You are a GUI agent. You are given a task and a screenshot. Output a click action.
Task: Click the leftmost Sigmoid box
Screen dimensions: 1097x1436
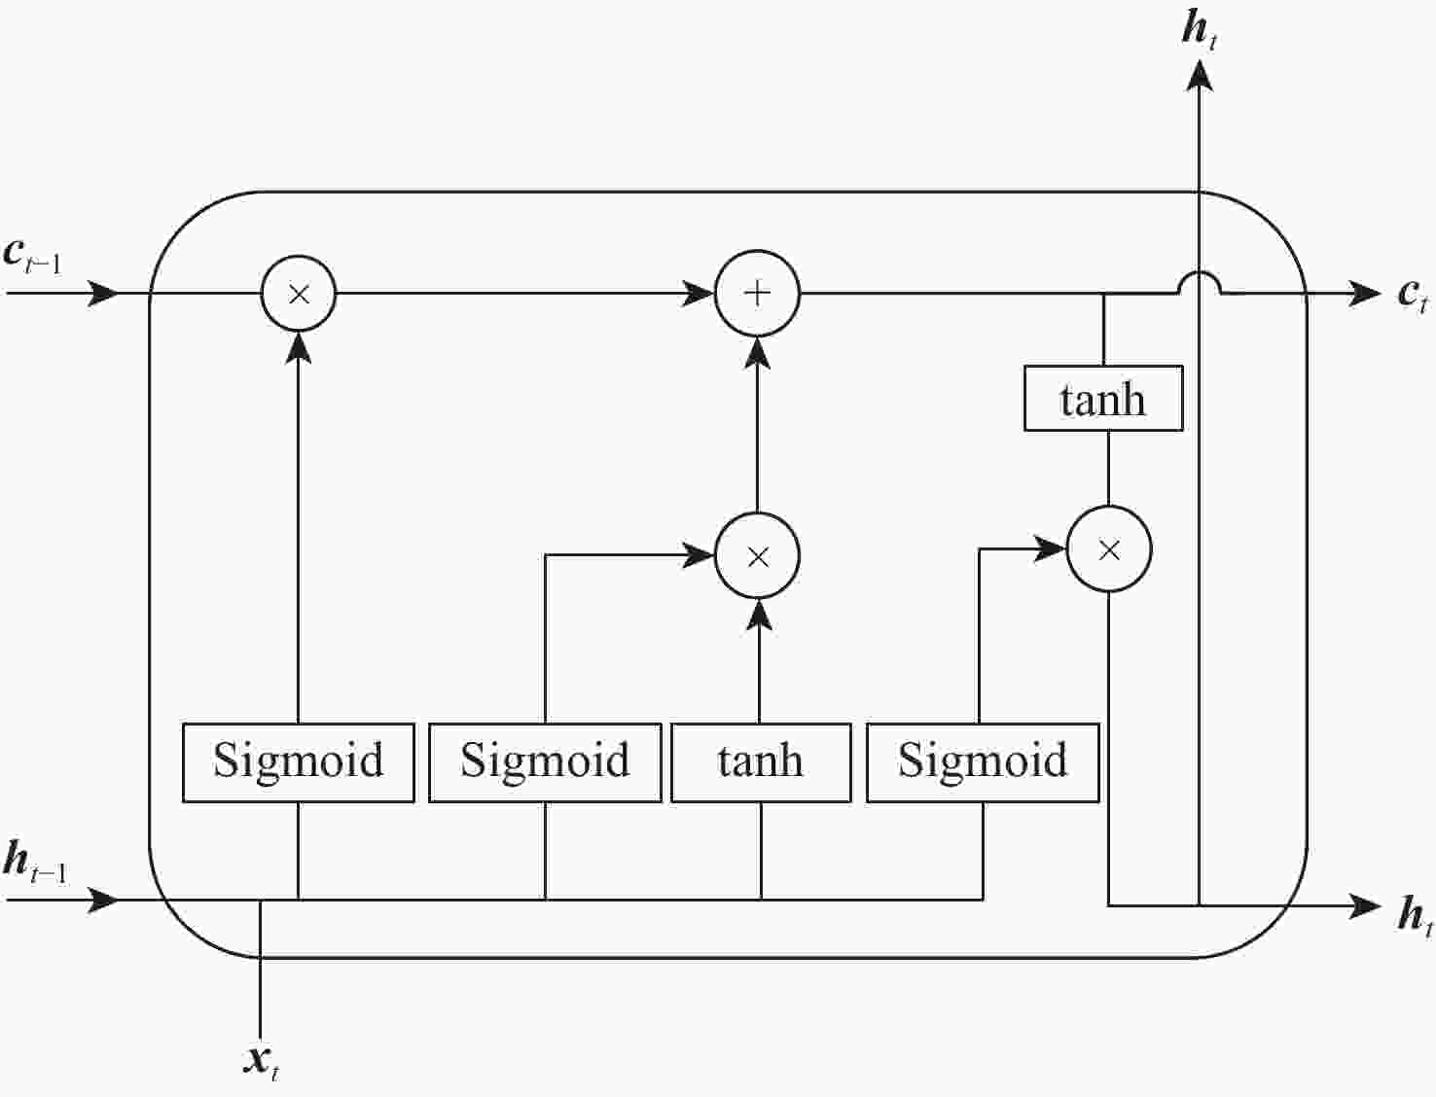(298, 761)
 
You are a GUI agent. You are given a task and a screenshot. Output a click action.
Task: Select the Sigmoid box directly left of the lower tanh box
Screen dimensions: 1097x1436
(545, 761)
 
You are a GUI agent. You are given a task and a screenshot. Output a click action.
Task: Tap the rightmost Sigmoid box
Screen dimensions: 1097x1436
(983, 761)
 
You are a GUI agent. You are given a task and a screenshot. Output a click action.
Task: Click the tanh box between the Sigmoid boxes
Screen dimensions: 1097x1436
(761, 761)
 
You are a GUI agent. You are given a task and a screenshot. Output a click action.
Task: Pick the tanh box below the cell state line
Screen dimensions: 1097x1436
(1103, 399)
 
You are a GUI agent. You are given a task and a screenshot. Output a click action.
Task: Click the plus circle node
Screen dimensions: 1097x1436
(757, 294)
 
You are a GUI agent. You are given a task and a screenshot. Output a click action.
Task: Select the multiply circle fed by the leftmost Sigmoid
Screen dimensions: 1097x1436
(299, 294)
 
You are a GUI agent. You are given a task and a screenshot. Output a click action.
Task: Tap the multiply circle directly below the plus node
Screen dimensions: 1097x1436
(757, 555)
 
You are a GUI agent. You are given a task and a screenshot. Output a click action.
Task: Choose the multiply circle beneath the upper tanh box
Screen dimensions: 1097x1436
(1109, 549)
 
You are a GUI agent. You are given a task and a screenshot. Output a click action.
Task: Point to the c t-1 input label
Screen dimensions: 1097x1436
(32, 256)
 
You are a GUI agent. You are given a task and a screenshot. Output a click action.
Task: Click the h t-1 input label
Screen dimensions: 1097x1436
(35, 863)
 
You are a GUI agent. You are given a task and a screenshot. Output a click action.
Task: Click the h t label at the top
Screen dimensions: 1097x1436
(1200, 29)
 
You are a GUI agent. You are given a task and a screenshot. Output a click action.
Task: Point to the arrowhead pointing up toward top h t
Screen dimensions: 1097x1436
(1200, 73)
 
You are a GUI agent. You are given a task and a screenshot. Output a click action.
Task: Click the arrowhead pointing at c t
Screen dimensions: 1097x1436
(1364, 293)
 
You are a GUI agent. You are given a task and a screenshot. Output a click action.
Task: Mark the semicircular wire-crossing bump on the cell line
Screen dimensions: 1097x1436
(1200, 281)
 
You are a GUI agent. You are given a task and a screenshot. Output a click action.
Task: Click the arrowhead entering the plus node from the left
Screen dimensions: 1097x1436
(699, 293)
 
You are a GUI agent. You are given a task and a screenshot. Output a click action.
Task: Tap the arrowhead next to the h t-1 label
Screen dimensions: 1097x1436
(102, 900)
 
